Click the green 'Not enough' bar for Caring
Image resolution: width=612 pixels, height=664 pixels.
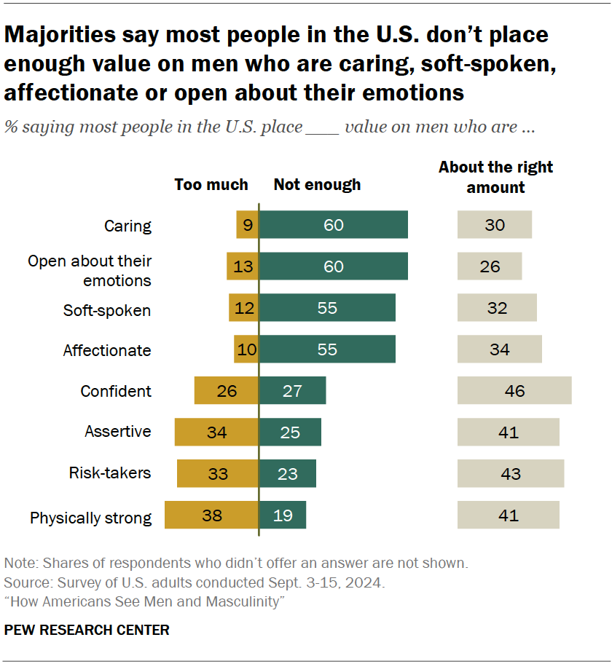[333, 225]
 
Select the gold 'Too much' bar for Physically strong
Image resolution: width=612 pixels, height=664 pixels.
[211, 515]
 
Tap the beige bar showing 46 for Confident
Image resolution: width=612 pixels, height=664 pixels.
[514, 391]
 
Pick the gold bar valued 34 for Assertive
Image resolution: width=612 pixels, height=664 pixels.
[216, 432]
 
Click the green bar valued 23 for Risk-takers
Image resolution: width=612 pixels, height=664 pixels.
[288, 473]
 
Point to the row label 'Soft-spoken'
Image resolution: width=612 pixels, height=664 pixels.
[107, 310]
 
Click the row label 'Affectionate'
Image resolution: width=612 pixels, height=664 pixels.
[107, 350]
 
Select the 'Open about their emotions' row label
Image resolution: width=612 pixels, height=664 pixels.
[90, 271]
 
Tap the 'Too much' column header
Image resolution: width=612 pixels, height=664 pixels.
[211, 185]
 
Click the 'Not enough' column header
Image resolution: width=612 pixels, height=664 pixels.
[317, 185]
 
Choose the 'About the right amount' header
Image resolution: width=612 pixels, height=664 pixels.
[495, 177]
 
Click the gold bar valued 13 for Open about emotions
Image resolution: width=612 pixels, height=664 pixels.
[243, 266]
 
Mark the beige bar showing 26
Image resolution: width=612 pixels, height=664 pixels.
[490, 266]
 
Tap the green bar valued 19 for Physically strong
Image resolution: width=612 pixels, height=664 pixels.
[283, 515]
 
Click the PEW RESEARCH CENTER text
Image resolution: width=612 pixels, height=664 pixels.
[87, 631]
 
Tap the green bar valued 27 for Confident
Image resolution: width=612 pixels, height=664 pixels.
[292, 391]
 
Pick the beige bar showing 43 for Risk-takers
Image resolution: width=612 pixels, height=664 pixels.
[511, 473]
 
